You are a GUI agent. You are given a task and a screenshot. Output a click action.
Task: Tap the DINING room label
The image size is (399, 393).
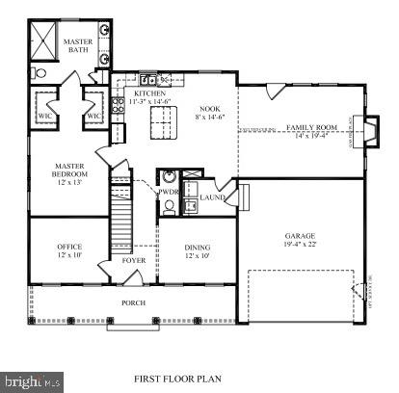pos(199,248)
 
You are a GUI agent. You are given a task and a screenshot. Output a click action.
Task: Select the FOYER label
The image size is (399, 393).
pos(134,259)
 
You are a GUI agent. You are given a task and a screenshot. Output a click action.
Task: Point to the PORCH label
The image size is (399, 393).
pos(133,302)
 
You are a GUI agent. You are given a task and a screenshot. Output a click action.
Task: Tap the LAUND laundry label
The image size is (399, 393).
pos(212,196)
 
